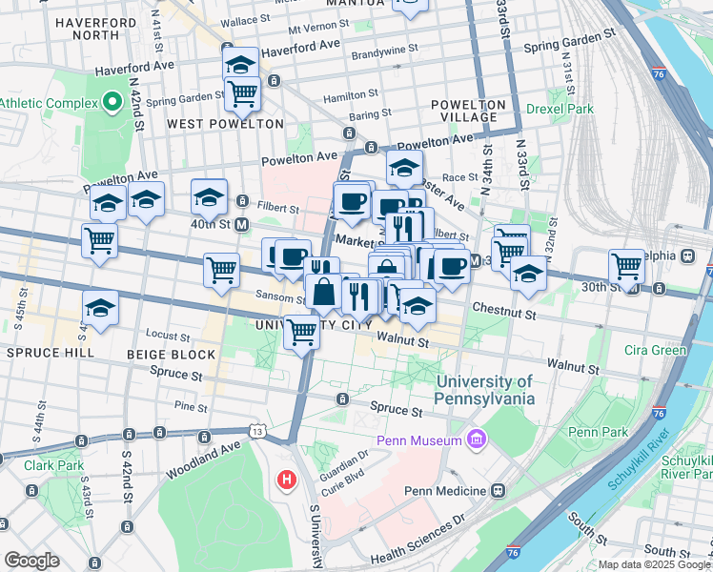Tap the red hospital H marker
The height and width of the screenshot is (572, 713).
click(x=286, y=480)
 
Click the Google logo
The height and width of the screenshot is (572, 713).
click(x=31, y=561)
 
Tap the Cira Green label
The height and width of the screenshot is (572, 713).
click(x=655, y=350)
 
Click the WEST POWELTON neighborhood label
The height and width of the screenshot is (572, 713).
click(x=225, y=124)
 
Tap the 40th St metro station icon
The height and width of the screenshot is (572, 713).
click(x=242, y=224)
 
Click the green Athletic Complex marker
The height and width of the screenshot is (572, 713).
click(x=112, y=101)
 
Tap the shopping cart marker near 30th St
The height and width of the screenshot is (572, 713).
click(x=626, y=266)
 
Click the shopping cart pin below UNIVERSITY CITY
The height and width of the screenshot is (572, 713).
click(x=302, y=333)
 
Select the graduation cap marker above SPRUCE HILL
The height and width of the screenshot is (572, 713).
click(x=100, y=308)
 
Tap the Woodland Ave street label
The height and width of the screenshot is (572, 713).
click(x=203, y=460)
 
